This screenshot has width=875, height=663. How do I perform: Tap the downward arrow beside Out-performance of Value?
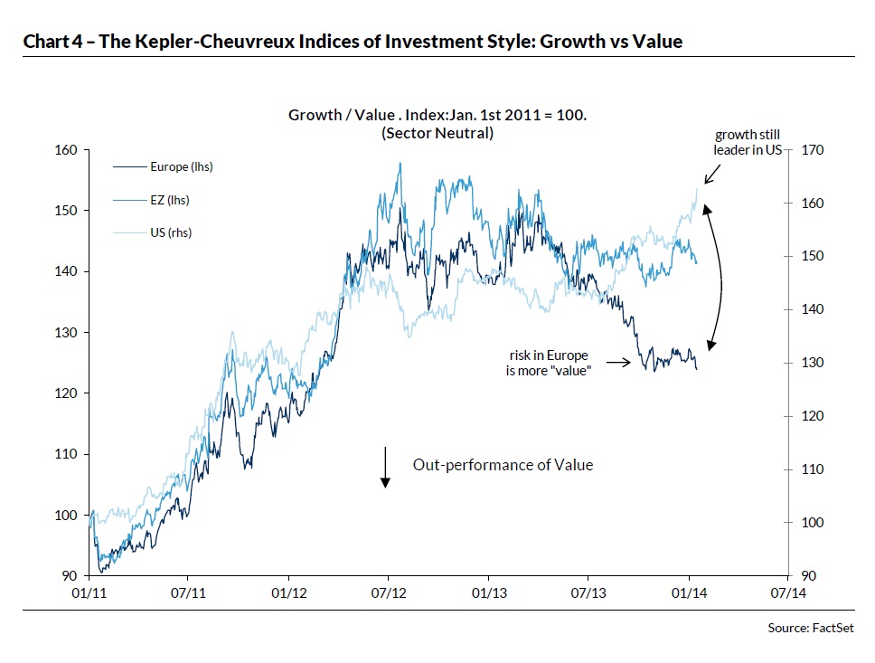click(x=385, y=467)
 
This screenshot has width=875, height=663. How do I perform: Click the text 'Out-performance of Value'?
click(x=503, y=465)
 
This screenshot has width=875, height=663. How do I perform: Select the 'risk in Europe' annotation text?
click(x=550, y=355)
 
